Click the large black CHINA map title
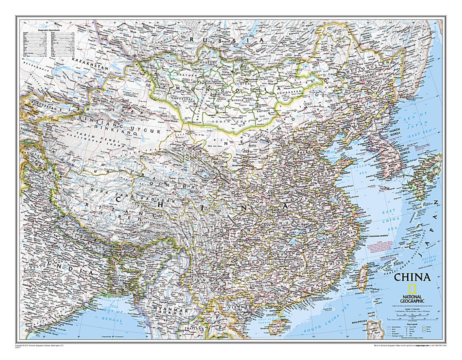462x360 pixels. pyautogui.click(x=412, y=277)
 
